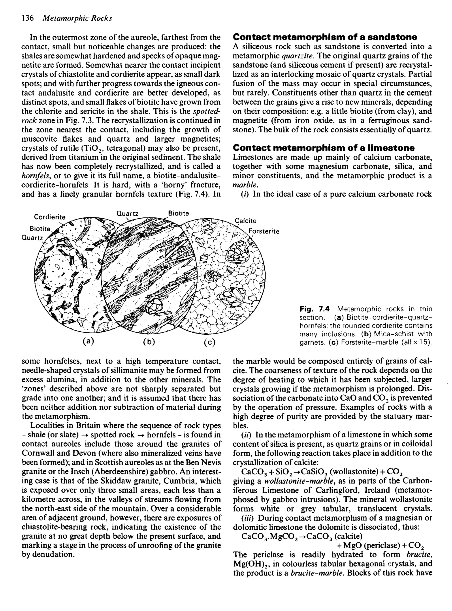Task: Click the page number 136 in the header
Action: [x=27, y=18]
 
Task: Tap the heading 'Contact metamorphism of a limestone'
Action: [x=323, y=148]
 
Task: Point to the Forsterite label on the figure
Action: [x=264, y=232]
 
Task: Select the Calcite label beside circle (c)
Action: [x=246, y=221]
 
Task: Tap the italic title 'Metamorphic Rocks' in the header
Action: [x=78, y=18]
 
